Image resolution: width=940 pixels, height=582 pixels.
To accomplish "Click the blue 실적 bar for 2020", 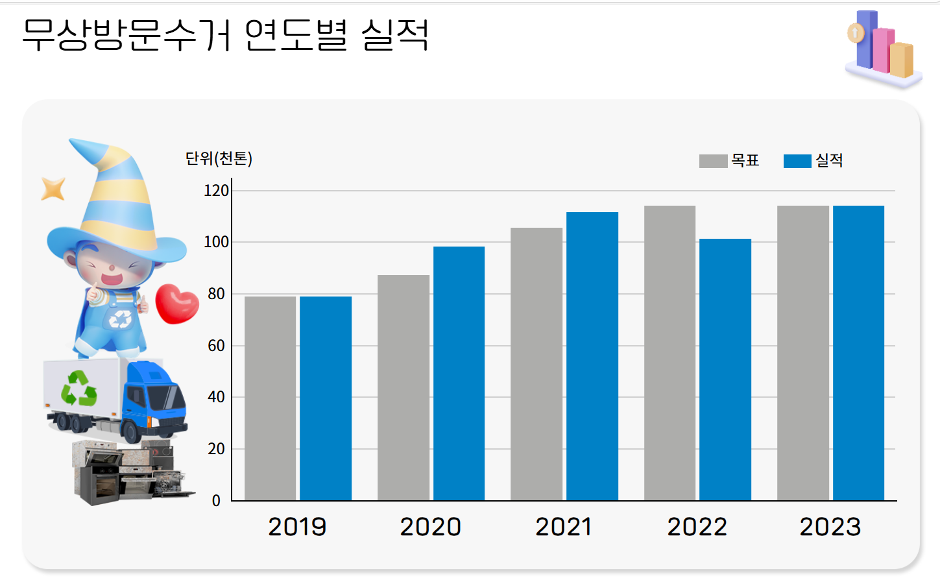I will pos(459,373).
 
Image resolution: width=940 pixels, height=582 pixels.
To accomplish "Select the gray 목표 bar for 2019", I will pos(270,398).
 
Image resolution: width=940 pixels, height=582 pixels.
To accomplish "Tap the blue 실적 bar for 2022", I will pos(725,369).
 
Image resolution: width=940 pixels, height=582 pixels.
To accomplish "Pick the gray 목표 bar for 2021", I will pos(536,364).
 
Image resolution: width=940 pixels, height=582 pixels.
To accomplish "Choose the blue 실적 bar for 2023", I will pos(858,353).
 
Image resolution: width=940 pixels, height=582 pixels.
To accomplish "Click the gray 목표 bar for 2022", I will pos(669,353).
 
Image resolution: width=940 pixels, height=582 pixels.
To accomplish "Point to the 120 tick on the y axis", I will pos(216,191).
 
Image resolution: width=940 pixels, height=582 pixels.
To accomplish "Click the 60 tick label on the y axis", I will pos(216,346).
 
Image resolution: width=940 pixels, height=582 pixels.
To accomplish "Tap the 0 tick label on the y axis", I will pos(216,501).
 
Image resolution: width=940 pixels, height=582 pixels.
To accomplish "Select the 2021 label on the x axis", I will pos(563,527).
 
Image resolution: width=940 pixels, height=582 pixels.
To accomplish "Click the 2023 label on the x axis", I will pos(830,527).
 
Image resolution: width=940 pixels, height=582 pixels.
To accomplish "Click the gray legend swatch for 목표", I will pos(713,161).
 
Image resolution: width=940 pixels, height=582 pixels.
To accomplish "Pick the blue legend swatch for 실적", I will pos(797,161).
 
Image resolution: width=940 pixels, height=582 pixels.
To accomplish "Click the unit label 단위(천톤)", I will pos(219,158).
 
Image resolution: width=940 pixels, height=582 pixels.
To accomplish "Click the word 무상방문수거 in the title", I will pos(127,34).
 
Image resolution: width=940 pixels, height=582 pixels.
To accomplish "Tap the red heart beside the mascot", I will pos(176,304).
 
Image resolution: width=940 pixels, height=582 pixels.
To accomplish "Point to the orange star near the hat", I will pos(53,189).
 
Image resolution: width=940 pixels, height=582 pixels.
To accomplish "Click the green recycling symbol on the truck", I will pos(79,388).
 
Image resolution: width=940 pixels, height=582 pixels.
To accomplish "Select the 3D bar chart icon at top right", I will pos(883,49).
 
